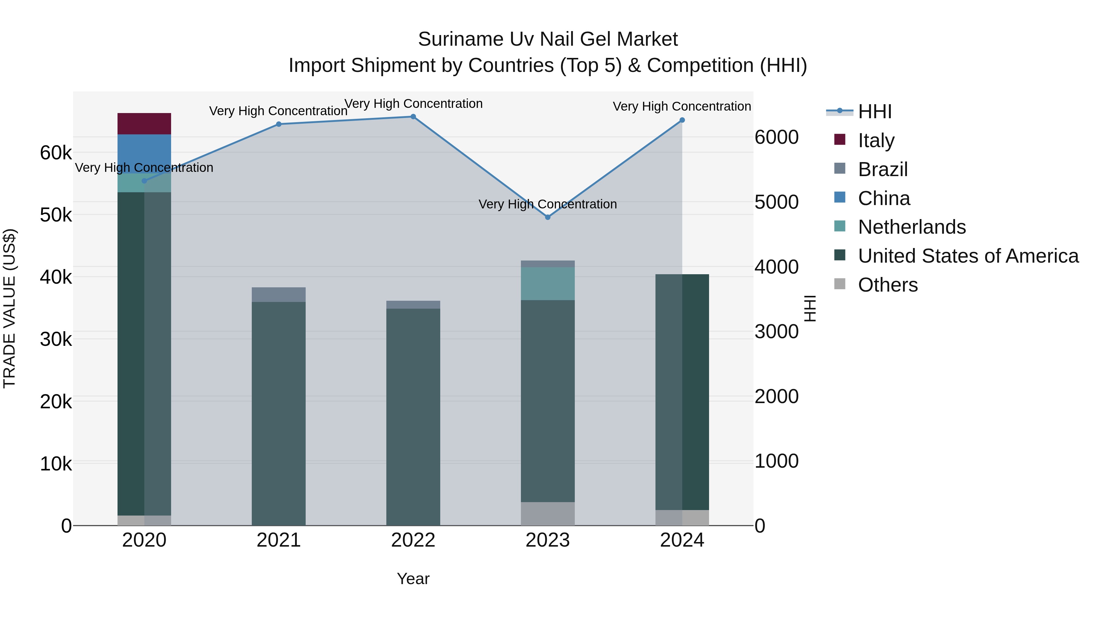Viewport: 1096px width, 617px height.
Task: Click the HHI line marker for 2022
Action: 413,117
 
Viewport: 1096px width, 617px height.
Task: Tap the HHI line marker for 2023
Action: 548,217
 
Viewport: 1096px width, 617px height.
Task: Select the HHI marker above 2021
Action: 279,124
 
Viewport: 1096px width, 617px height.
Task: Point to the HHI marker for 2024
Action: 682,120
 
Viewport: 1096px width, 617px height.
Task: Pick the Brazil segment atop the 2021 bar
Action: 279,295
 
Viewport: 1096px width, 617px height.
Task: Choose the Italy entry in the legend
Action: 876,140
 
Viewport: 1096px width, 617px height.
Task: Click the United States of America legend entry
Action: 968,256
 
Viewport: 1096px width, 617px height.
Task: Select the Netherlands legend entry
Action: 912,227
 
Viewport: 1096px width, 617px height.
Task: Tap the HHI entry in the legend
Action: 874,112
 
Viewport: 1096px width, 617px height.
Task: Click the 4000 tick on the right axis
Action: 776,267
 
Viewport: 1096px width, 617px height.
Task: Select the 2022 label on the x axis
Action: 413,540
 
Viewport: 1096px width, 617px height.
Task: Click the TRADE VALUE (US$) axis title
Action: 9,308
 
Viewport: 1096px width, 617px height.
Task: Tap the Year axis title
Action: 413,579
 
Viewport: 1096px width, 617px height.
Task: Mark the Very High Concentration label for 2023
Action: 548,204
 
